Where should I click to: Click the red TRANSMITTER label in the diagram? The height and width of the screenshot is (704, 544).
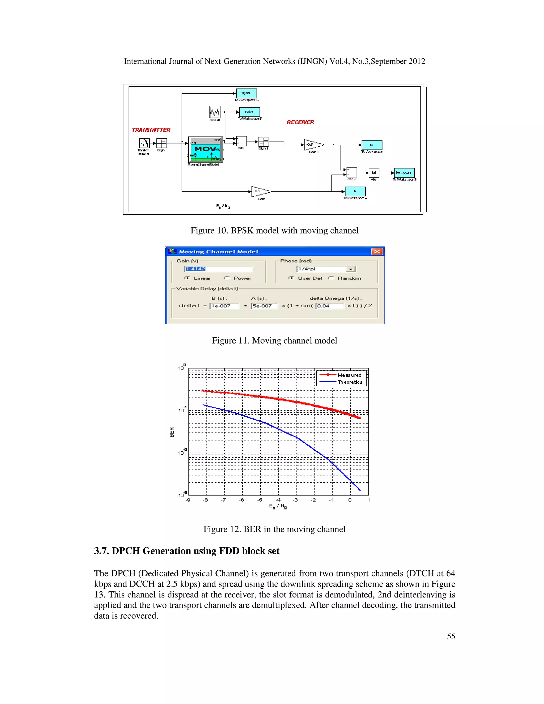(151, 130)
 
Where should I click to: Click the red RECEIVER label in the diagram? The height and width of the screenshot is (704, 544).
(300, 122)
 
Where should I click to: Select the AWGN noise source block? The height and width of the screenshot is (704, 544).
(215, 112)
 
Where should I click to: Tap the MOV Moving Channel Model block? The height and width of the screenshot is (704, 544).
(205, 150)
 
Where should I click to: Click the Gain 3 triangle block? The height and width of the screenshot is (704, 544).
(313, 145)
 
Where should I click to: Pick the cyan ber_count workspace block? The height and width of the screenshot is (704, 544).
(404, 173)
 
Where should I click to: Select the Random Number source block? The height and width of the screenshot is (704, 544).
(144, 143)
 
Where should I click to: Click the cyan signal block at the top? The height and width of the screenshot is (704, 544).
(246, 93)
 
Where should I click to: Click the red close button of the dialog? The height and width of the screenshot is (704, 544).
(377, 251)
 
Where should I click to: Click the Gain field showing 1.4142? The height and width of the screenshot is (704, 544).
(218, 269)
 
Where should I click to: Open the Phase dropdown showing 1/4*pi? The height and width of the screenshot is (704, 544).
(351, 269)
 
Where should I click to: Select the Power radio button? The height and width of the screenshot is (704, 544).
(227, 278)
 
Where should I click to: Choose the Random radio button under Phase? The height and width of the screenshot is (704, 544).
(331, 278)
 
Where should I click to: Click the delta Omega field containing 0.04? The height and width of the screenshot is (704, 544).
(330, 306)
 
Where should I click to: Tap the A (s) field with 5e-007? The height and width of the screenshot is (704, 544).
(264, 306)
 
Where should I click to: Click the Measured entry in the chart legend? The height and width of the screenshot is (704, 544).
(349, 375)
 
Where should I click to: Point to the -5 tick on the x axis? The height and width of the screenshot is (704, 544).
(260, 500)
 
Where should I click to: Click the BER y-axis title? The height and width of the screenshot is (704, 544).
(172, 432)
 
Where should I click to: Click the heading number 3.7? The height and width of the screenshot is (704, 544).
(101, 551)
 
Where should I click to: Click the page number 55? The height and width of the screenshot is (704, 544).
(451, 636)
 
